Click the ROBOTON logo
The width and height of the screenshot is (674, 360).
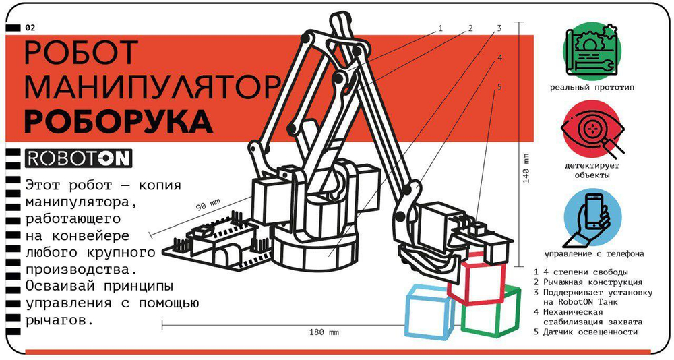(x=78, y=158)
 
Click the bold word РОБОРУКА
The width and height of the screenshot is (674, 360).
(x=118, y=122)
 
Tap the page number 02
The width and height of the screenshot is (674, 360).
(x=30, y=28)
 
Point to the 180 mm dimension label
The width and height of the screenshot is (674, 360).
(x=324, y=332)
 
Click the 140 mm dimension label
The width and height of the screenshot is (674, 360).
(x=526, y=169)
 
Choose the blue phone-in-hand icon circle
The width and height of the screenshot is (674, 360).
(x=592, y=218)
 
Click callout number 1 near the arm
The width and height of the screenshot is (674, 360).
(x=440, y=28)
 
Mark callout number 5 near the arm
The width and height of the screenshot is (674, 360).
(x=499, y=87)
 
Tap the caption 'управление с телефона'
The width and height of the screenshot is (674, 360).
(x=594, y=253)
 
